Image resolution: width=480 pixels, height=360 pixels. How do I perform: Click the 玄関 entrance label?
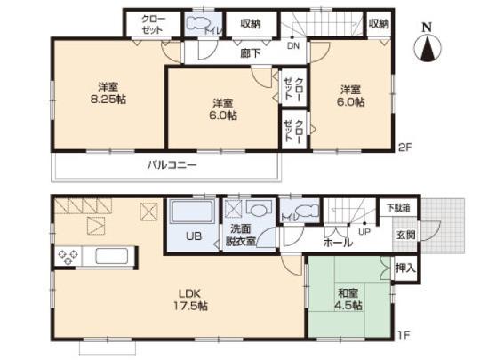[x=404, y=235]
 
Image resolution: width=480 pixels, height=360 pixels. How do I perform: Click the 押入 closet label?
[x=402, y=267]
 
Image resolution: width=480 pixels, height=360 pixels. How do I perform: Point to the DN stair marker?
[x=293, y=46]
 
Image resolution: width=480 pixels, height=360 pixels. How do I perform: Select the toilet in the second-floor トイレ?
[x=199, y=23]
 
